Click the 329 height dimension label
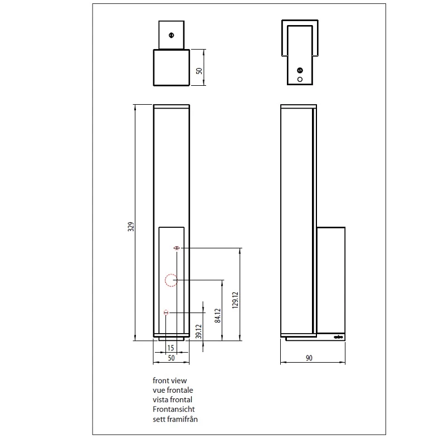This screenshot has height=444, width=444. click(x=131, y=227)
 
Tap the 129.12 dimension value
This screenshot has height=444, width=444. click(x=235, y=300)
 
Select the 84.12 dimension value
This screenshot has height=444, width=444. click(x=217, y=315)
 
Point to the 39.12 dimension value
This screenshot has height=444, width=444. click(x=199, y=331)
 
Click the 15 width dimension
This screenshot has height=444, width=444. click(x=170, y=348)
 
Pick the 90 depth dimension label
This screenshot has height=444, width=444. click(x=309, y=358)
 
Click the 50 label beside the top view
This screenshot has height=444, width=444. click(x=199, y=71)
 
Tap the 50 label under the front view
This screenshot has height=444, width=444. click(x=171, y=358)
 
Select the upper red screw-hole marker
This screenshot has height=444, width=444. click(x=177, y=248)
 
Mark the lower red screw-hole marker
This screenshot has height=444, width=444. click(x=166, y=313)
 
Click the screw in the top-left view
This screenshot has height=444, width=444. click(x=172, y=36)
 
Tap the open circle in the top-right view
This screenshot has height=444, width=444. click(x=300, y=80)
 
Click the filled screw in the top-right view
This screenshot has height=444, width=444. click(x=300, y=70)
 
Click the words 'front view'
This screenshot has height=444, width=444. click(x=169, y=380)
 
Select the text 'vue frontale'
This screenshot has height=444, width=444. click(x=173, y=390)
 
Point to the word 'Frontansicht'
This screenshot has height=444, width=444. click(x=174, y=409)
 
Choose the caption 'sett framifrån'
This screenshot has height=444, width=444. click(x=175, y=419)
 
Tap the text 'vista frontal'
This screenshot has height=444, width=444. click(x=172, y=400)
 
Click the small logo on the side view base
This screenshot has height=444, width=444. click(x=339, y=337)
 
